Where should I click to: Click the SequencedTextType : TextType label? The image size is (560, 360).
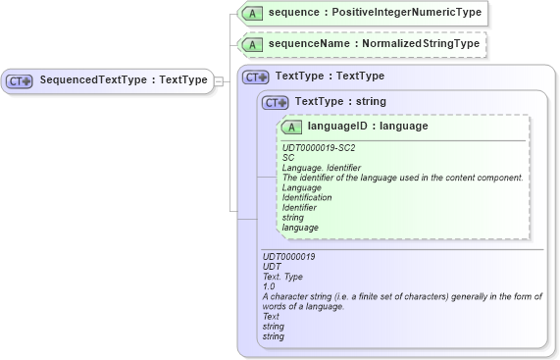point(124,79)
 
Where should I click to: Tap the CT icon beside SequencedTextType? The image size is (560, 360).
point(21,80)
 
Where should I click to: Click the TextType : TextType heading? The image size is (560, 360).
point(330,76)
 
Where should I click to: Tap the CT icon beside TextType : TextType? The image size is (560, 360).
point(256,77)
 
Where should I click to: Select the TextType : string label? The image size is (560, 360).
point(340,101)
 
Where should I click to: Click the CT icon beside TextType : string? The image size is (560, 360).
point(276,102)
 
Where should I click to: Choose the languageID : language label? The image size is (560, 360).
point(368,127)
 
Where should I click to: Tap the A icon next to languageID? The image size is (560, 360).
point(291,128)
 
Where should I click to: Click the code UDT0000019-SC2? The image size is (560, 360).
point(319,148)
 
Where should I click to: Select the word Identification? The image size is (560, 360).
point(307,197)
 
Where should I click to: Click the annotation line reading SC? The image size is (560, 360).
point(288,158)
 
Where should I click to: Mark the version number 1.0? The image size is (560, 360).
point(269,286)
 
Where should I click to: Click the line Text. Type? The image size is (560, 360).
point(283,277)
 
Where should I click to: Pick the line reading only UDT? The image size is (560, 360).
point(272,267)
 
